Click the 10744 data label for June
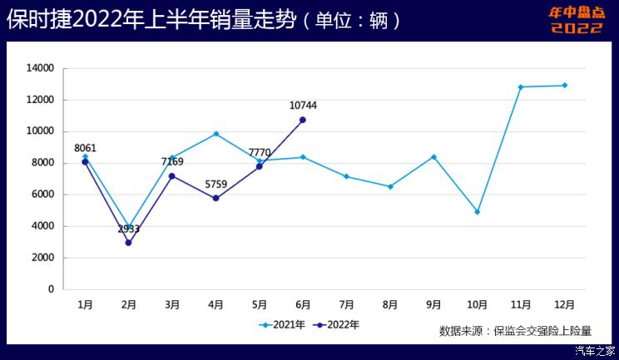[x=303, y=106]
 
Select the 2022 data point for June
[x=303, y=120]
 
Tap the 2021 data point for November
[x=521, y=86]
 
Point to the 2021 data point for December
[x=565, y=85]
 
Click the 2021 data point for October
[x=478, y=212]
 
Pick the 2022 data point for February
[x=128, y=243]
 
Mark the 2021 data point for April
[x=215, y=134]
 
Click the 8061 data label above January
[x=85, y=148]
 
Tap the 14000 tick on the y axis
[x=40, y=68]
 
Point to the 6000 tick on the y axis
[x=42, y=195]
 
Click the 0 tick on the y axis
[x=51, y=289]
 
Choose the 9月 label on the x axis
[x=433, y=305]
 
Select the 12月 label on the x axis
[x=565, y=305]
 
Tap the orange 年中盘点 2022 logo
[x=577, y=20]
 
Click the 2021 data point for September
[x=433, y=156]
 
